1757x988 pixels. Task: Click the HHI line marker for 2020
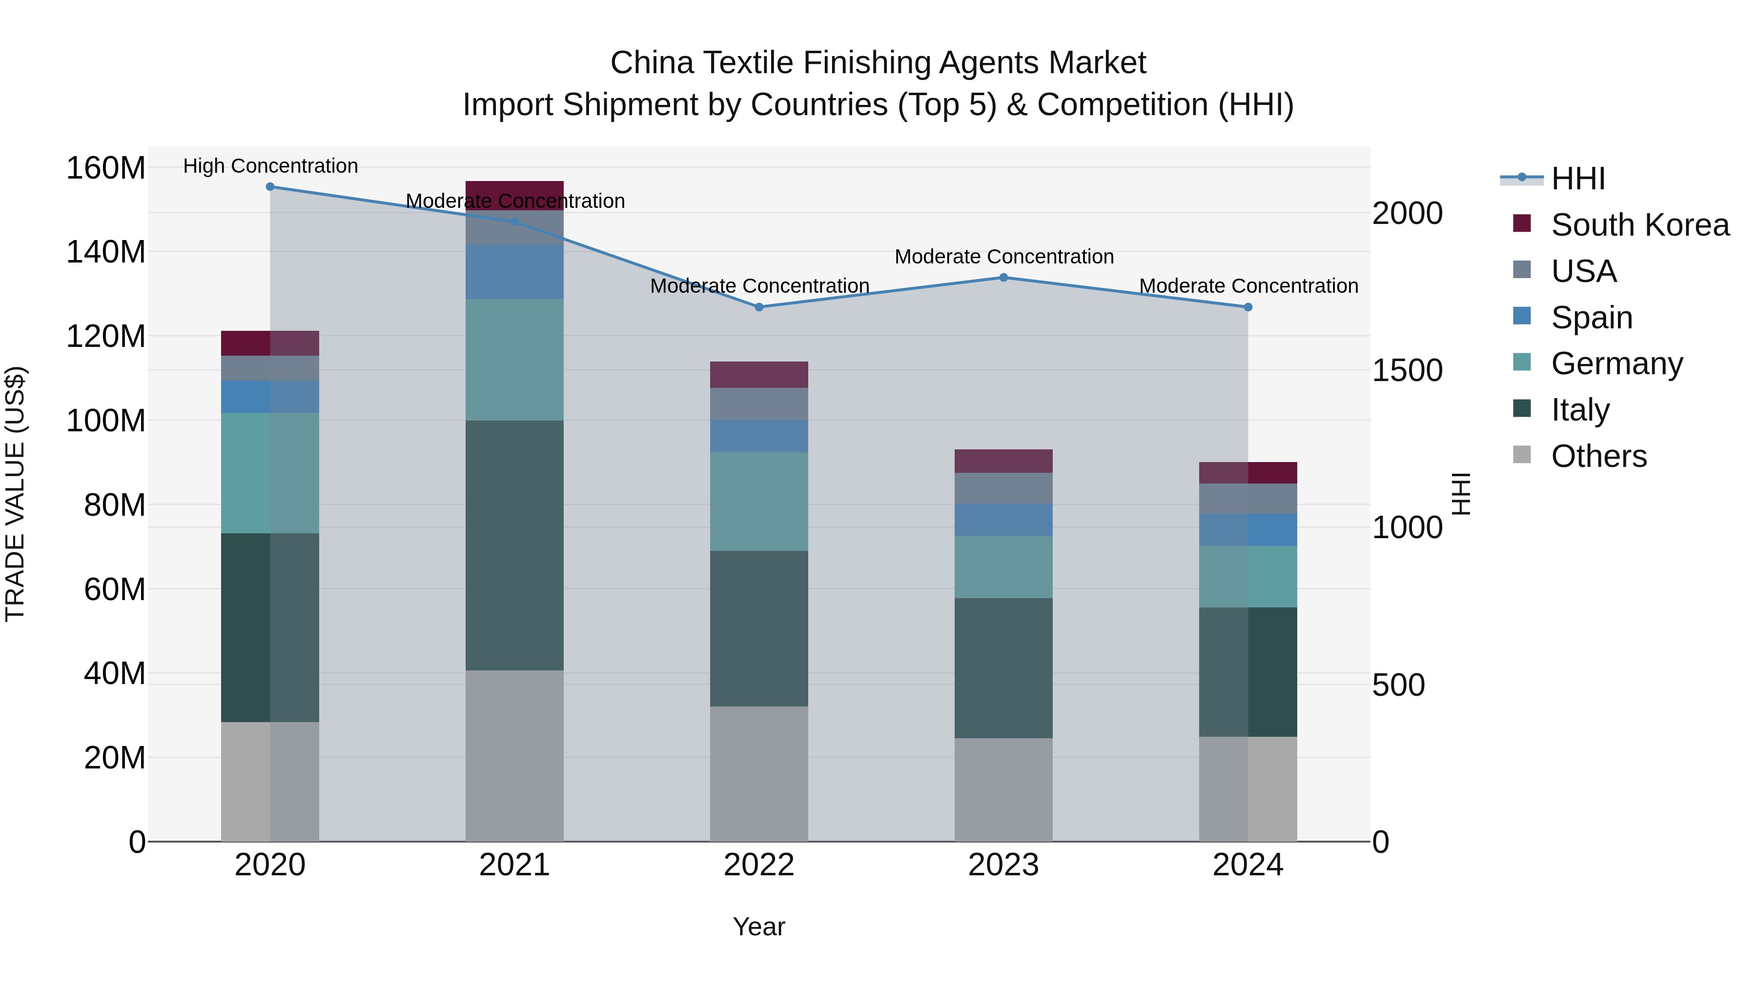tap(270, 186)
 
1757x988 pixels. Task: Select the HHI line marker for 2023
tap(1003, 278)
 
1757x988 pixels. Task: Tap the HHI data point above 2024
tap(1248, 307)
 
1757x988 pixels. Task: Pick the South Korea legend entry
tap(1640, 225)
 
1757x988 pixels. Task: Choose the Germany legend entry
tap(1616, 363)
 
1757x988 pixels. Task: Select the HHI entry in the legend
tap(1577, 179)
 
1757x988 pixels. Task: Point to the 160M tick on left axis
tap(106, 168)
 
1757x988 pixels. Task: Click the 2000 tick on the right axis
tap(1407, 213)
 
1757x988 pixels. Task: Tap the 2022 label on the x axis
tap(758, 865)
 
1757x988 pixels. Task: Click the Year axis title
tap(758, 927)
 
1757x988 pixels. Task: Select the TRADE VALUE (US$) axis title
tap(15, 494)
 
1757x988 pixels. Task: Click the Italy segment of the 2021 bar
tap(514, 545)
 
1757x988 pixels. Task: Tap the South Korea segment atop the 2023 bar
tap(1003, 461)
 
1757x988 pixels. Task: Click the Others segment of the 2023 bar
tap(1003, 789)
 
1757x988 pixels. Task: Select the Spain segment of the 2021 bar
tap(514, 271)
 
